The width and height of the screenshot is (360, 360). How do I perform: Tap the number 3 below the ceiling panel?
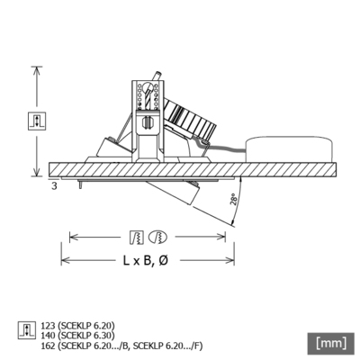point(54,185)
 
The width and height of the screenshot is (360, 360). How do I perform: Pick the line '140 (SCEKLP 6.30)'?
point(79,333)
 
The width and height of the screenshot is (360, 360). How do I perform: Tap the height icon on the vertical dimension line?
point(37,121)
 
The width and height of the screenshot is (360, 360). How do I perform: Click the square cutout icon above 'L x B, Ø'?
point(136,237)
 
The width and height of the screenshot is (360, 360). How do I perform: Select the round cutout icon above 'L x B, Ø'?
point(157,237)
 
